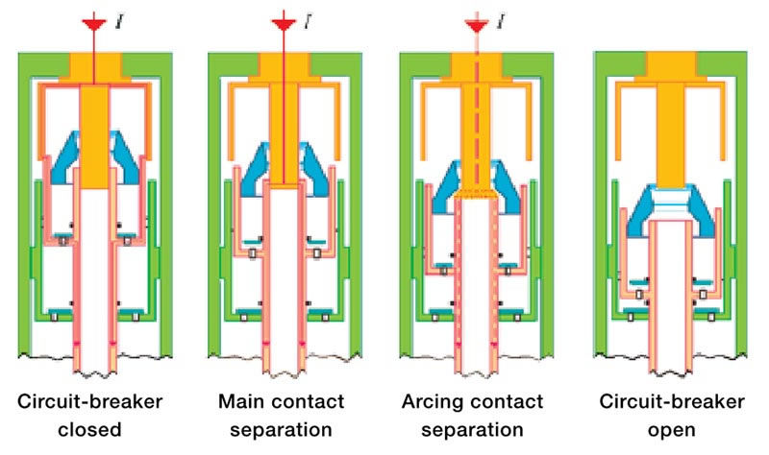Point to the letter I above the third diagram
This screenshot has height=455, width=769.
[499, 18]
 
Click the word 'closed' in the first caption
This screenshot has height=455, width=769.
[94, 427]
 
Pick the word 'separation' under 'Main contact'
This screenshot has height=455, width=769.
[284, 427]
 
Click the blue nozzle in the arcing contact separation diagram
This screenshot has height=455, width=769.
[473, 187]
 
